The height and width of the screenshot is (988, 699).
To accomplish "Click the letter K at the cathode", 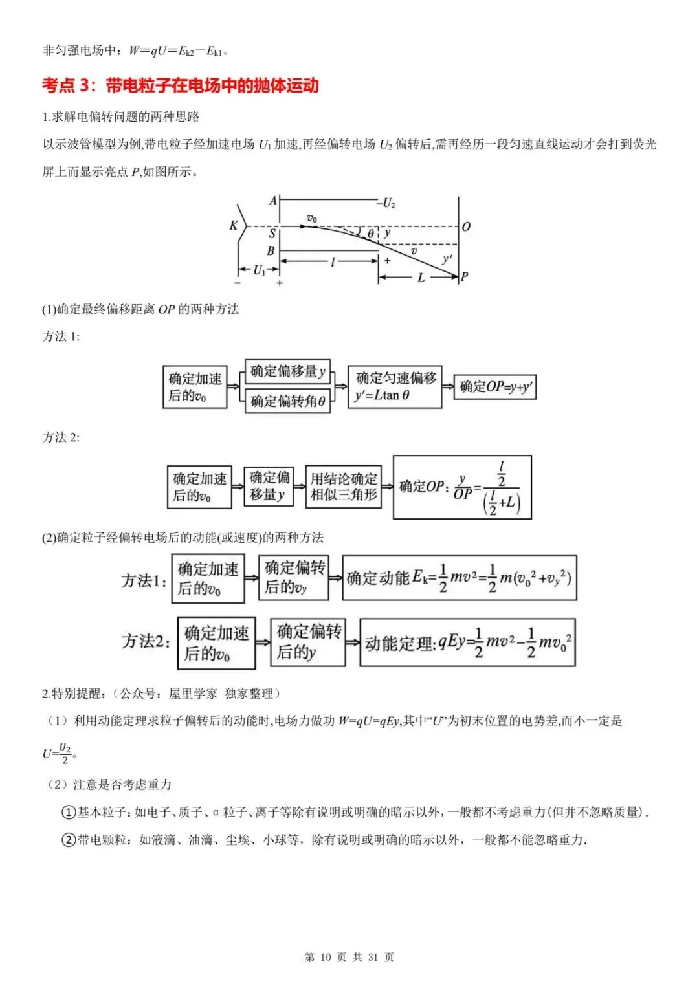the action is [x=234, y=225].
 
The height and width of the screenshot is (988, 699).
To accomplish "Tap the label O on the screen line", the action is [x=466, y=226].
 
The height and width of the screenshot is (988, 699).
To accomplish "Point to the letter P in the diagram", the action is [x=464, y=277].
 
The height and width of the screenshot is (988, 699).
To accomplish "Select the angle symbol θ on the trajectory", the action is [x=371, y=234].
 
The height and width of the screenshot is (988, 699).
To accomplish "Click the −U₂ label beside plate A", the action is [x=386, y=203].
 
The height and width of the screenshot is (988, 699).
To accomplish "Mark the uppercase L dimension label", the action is [x=421, y=278].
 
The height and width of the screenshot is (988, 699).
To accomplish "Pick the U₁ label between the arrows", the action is [x=259, y=270].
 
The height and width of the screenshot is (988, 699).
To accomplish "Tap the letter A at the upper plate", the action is [x=272, y=201].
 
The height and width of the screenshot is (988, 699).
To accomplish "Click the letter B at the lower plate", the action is [x=271, y=250].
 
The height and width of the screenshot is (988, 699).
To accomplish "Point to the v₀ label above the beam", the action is [x=311, y=218].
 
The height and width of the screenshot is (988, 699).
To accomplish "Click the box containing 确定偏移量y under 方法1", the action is [x=288, y=371].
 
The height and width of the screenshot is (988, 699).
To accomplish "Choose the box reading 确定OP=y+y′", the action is [x=495, y=387].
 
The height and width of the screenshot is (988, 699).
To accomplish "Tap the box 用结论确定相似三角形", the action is [x=343, y=487].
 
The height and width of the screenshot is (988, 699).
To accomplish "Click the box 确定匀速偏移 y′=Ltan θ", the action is [x=395, y=386].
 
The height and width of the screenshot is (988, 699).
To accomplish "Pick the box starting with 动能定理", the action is [x=468, y=642].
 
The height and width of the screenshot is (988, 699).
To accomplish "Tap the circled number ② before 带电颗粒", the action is [x=69, y=839].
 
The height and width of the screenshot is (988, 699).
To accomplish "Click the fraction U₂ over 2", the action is [x=65, y=754].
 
